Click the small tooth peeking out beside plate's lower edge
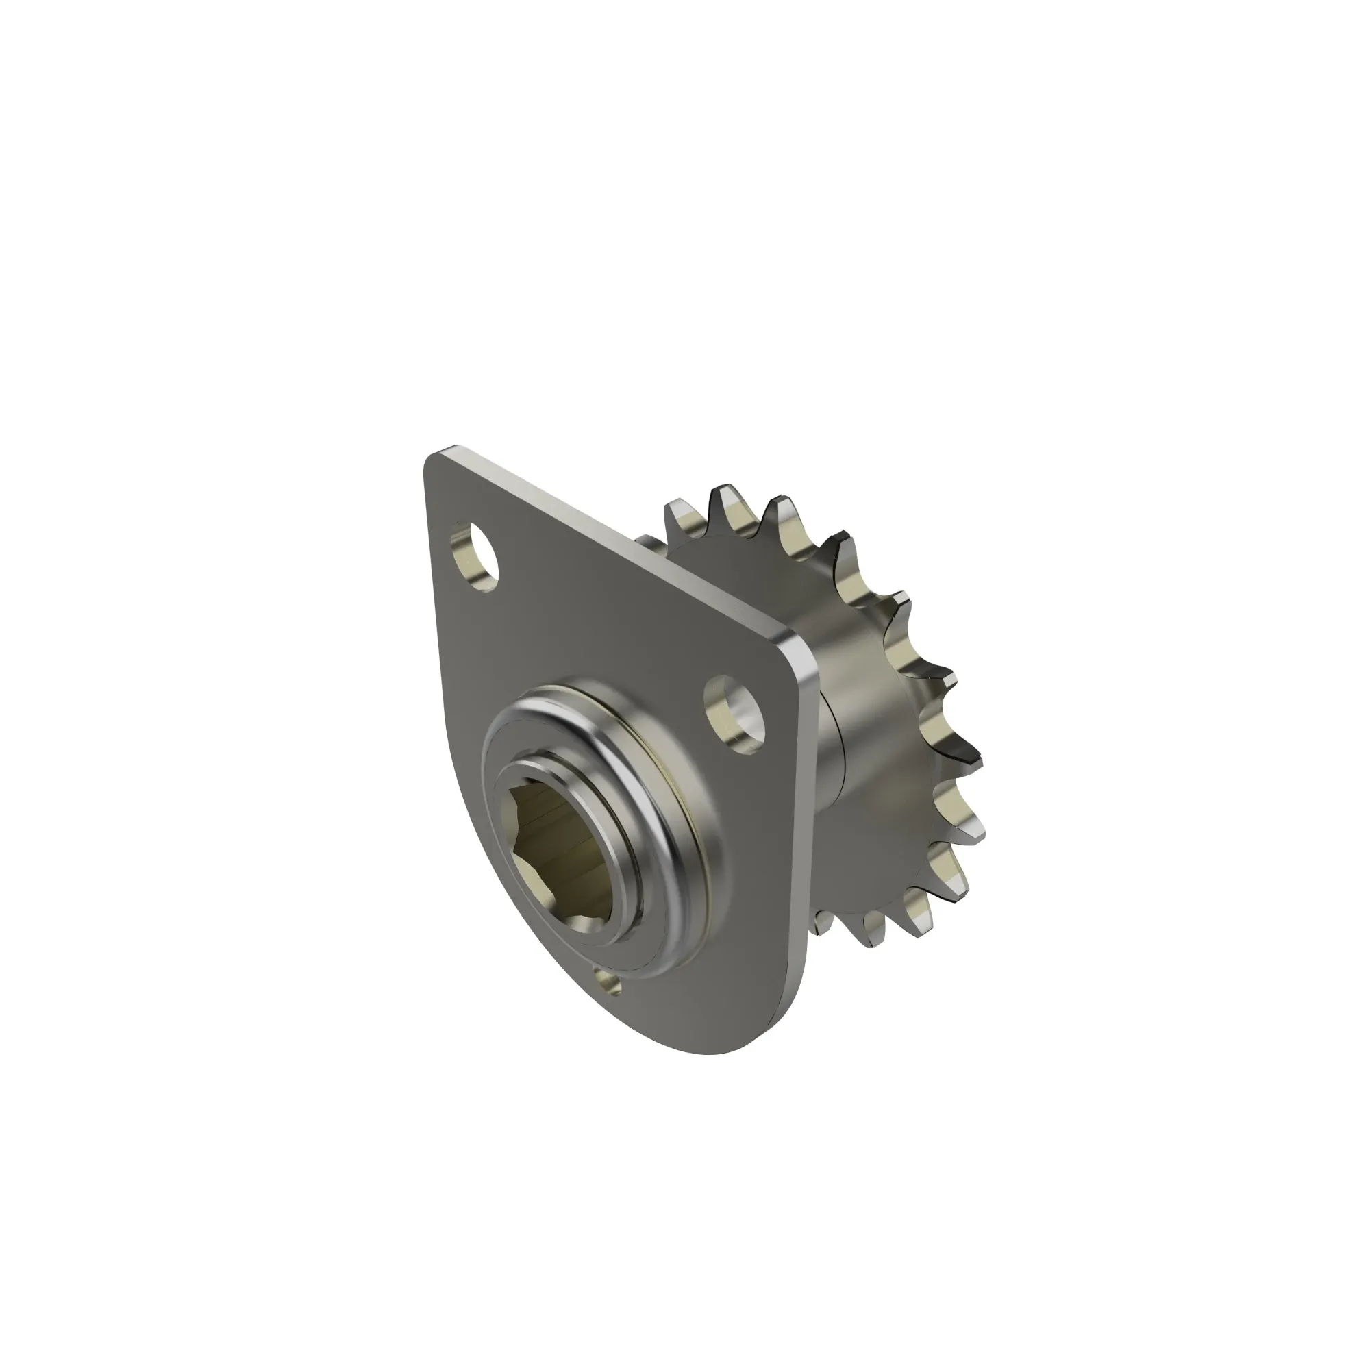pyautogui.click(x=823, y=922)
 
